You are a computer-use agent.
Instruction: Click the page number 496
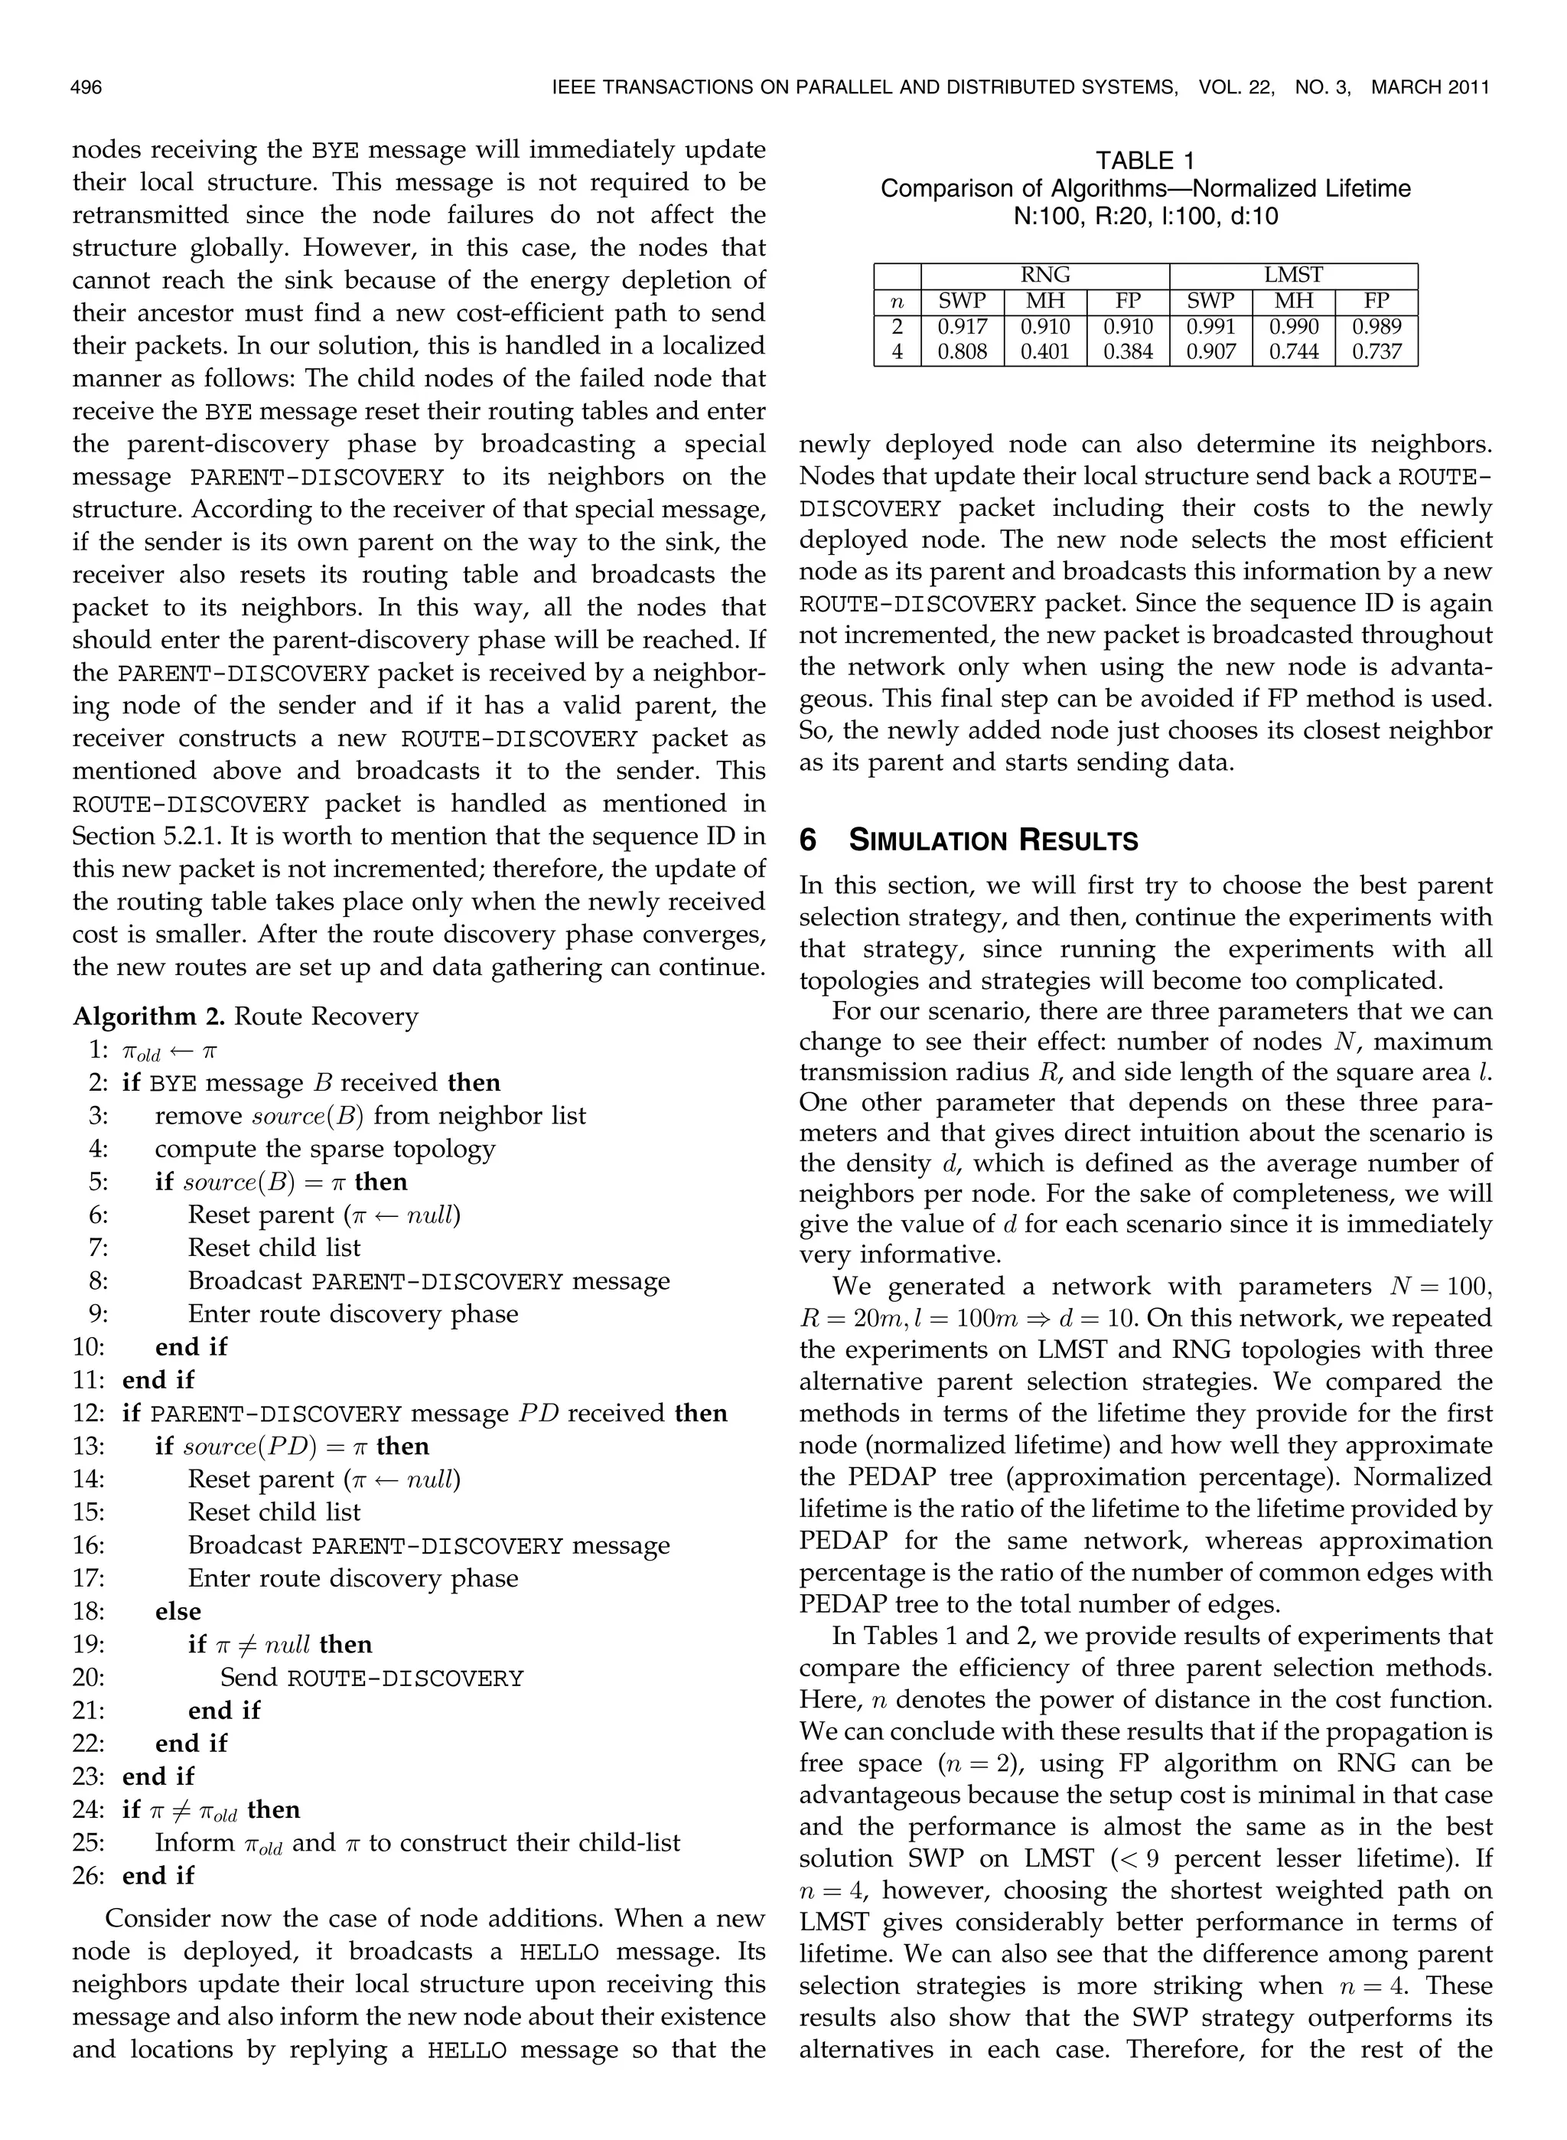pos(86,87)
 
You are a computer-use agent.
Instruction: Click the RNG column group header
pos(1044,275)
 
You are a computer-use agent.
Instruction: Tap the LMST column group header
pos(1293,275)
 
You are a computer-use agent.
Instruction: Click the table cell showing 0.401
pos(1044,352)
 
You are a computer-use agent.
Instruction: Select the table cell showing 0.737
pos(1376,352)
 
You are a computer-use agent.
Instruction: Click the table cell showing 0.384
pos(1128,352)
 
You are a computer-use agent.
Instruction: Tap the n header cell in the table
pos(897,302)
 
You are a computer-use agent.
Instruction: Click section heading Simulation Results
pos(993,840)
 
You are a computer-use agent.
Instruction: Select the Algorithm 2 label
pos(149,1017)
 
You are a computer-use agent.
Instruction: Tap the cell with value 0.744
pos(1293,352)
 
